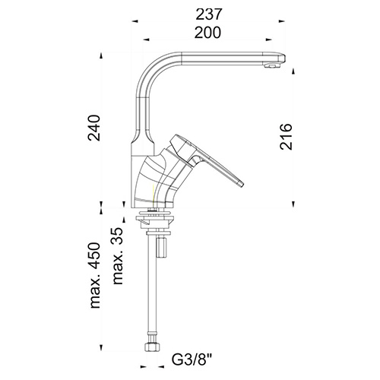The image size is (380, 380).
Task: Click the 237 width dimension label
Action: [x=209, y=14]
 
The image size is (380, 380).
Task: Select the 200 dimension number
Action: [x=207, y=33]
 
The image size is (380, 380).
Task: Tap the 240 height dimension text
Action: [x=94, y=128]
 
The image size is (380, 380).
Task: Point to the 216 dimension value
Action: [x=287, y=137]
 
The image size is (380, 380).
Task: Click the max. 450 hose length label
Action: [x=95, y=275]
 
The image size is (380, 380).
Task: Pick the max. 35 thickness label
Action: [x=117, y=256]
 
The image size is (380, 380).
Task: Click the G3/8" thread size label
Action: [x=192, y=359]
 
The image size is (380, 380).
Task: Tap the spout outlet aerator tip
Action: [x=271, y=66]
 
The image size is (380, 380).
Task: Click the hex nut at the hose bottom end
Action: [x=150, y=347]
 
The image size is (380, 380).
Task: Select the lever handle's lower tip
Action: [x=241, y=184]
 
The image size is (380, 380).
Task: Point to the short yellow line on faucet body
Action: [x=154, y=193]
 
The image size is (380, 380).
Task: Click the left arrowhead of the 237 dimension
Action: [x=135, y=21]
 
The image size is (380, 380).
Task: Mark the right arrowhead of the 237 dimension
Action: [x=281, y=21]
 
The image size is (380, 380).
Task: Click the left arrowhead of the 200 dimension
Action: [x=147, y=40]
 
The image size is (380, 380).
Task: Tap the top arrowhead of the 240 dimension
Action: [x=101, y=55]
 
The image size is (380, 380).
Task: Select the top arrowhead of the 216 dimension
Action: [x=293, y=71]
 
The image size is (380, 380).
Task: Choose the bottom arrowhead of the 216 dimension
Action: [x=293, y=204]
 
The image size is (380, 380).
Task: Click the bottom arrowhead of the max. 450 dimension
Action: [x=101, y=347]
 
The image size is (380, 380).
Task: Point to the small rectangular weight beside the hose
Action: [x=162, y=248]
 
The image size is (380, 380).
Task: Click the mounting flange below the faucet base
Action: [x=155, y=217]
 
